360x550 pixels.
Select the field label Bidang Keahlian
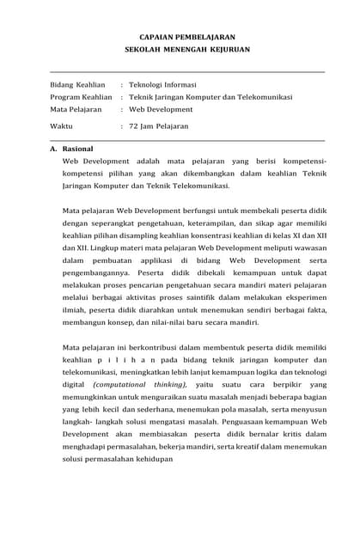coord(77,85)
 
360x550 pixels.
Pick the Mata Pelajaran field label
coord(76,109)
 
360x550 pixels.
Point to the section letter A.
coord(53,149)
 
